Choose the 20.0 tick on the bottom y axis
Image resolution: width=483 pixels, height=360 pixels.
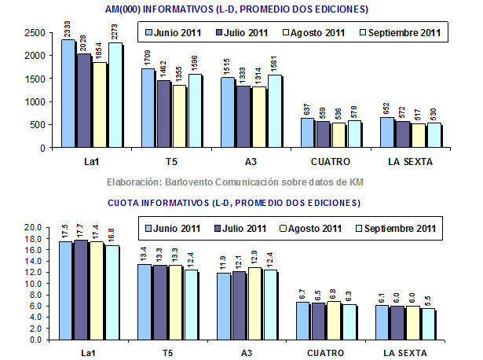31,227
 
